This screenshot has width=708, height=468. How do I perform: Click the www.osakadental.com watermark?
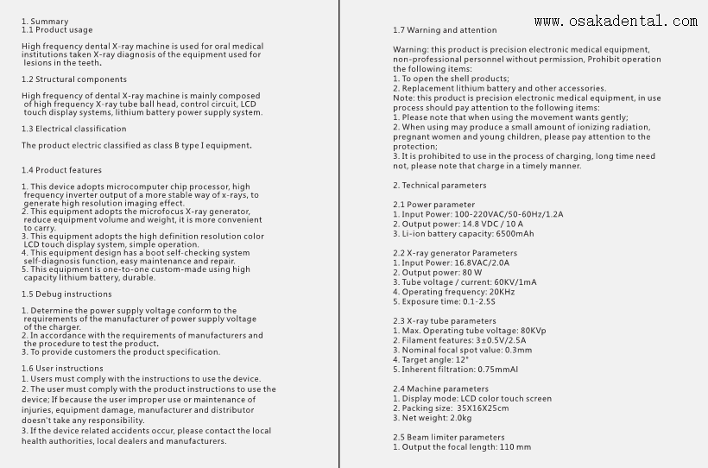click(x=616, y=21)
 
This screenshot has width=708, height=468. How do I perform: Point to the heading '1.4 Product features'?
click(x=61, y=170)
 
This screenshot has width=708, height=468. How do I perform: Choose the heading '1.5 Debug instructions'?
click(x=66, y=294)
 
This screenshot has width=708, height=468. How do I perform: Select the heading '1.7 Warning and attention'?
click(x=445, y=30)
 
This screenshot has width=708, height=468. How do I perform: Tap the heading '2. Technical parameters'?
click(x=439, y=185)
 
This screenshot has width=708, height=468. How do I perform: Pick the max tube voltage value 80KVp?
click(x=529, y=331)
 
